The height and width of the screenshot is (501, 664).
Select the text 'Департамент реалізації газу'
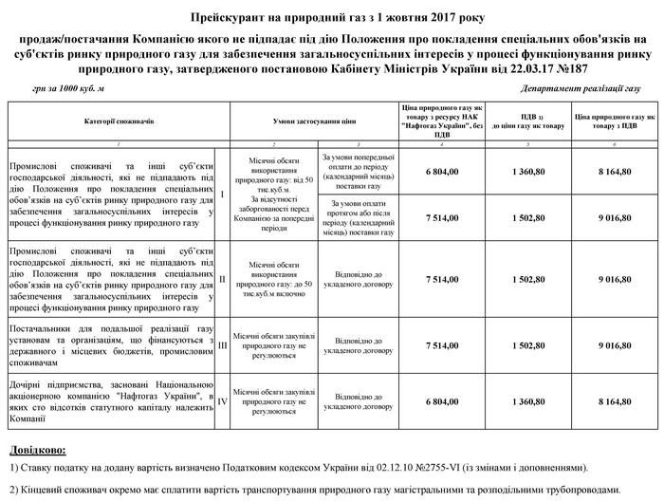click(x=581, y=87)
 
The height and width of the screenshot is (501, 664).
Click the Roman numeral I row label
click(x=221, y=195)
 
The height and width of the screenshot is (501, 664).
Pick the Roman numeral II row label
click(x=221, y=280)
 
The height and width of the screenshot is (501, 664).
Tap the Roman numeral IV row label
click(x=221, y=401)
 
